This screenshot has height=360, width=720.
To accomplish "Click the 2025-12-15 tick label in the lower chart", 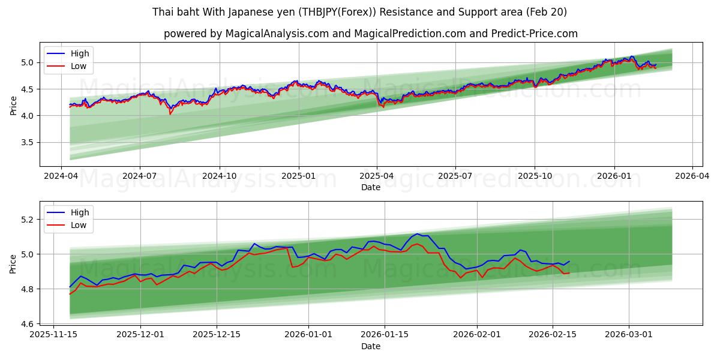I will pos(216,334).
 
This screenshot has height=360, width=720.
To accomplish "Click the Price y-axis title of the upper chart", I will pos(13,106).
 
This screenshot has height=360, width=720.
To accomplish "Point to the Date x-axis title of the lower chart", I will pos(370,346).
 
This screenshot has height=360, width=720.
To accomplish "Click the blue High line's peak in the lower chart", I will pos(417,234).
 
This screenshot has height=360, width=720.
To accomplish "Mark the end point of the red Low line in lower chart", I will pos(569,273).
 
